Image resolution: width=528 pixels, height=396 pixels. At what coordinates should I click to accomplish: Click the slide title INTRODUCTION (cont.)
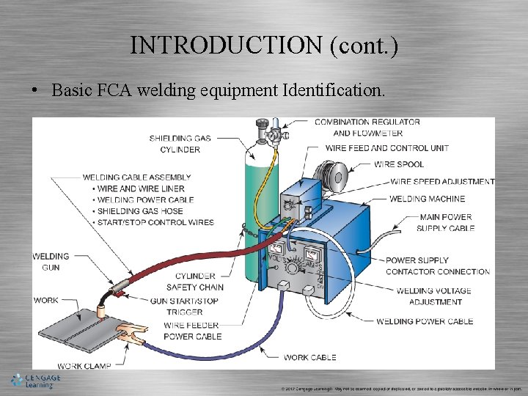[264, 45]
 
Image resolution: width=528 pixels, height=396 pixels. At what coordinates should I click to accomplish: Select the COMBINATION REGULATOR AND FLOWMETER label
[367, 128]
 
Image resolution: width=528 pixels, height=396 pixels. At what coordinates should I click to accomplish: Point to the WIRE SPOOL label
[399, 164]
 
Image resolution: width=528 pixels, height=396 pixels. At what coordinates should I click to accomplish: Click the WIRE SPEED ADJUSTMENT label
[442, 182]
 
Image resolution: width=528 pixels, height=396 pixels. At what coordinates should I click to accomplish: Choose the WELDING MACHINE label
[427, 199]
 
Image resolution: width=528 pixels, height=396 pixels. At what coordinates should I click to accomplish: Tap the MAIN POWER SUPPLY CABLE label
[446, 223]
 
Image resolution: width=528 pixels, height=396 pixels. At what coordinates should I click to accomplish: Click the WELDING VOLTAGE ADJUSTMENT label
[433, 296]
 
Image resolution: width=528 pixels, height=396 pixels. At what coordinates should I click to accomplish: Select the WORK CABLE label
[309, 357]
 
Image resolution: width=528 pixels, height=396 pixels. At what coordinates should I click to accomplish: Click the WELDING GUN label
[51, 262]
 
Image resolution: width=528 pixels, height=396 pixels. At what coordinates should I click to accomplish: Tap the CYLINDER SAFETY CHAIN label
[194, 282]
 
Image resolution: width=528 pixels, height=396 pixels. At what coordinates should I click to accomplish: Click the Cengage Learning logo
[35, 380]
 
